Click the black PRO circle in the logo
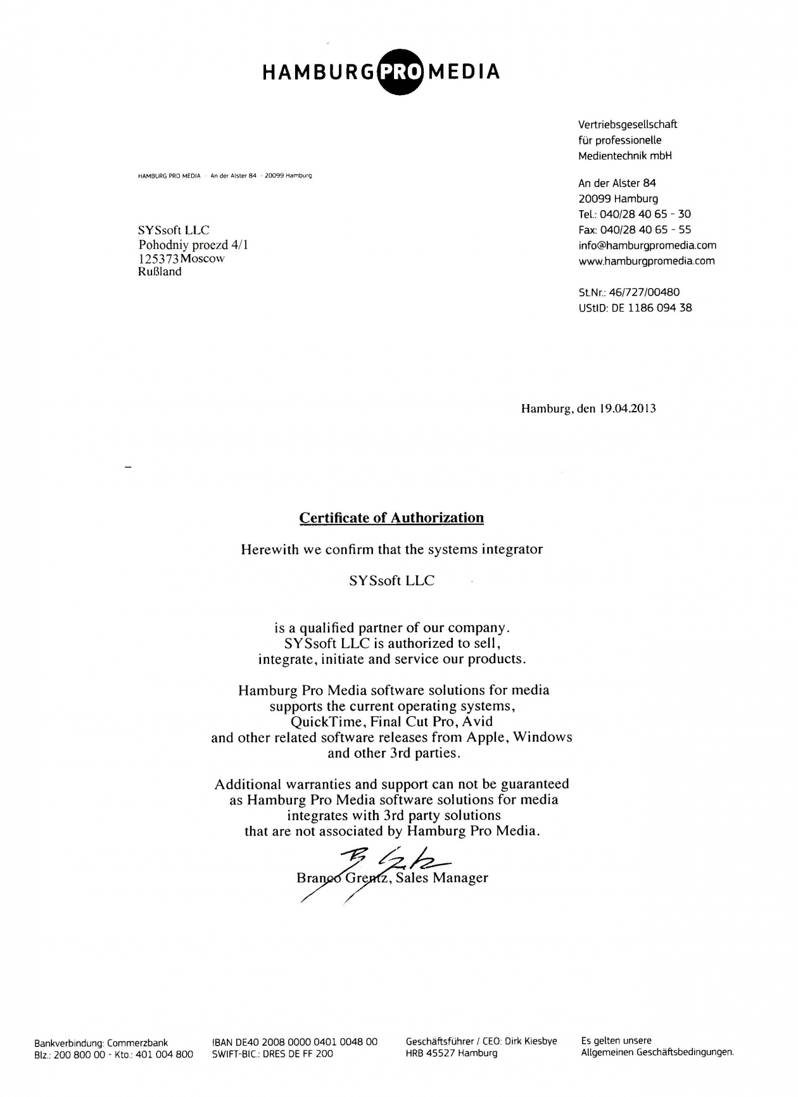click(400, 71)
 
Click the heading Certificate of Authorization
click(391, 518)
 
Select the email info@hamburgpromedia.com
click(647, 245)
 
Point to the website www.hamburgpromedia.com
click(647, 261)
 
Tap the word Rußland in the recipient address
click(160, 272)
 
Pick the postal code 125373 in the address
click(158, 259)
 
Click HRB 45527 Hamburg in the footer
click(452, 1054)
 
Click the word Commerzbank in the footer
click(137, 1043)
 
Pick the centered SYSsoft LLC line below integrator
click(391, 581)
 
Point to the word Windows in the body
click(542, 737)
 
